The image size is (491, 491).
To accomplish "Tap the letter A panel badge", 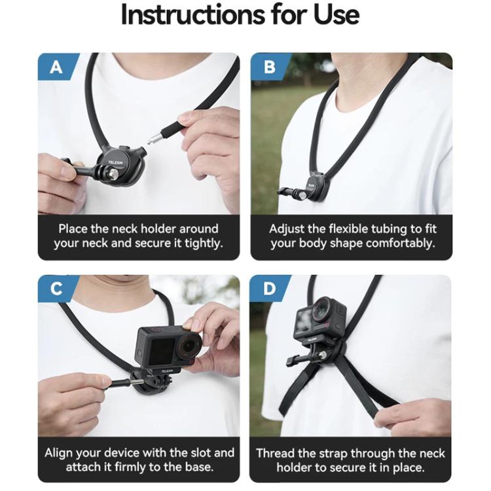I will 56,67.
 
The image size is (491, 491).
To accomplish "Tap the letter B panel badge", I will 269,67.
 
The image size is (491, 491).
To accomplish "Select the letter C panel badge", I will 56,289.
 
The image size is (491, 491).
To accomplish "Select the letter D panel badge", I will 269,289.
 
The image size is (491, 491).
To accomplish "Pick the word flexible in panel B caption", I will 353,229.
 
